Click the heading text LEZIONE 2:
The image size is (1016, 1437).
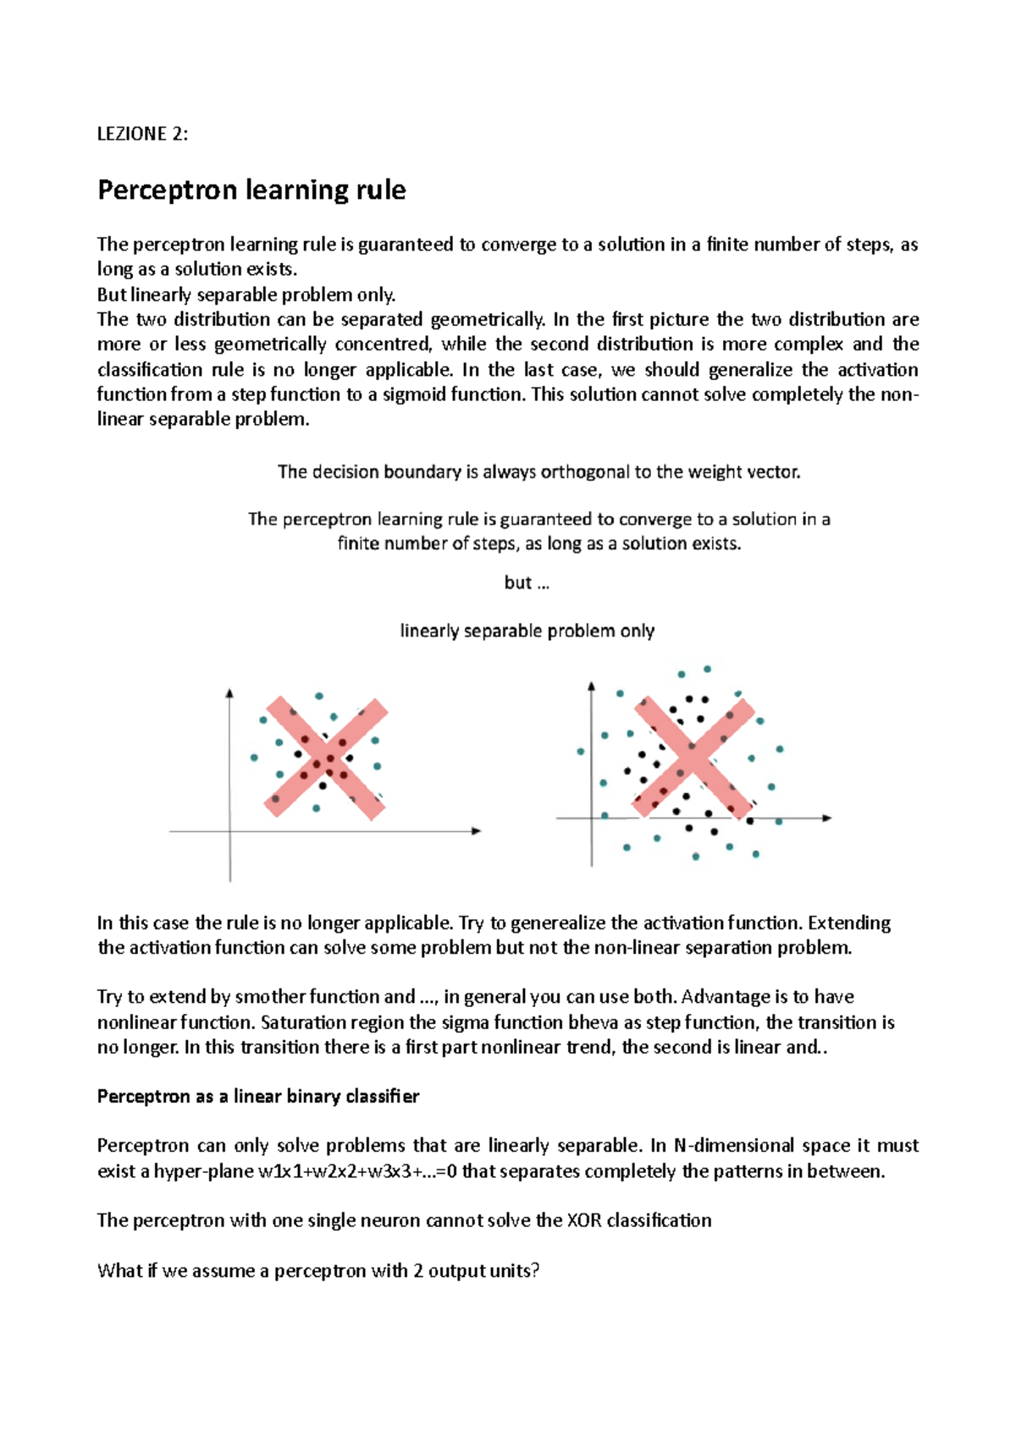click(142, 134)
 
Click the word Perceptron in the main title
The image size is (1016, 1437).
click(167, 190)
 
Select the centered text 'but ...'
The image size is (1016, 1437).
click(527, 583)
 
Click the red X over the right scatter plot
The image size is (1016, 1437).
click(693, 758)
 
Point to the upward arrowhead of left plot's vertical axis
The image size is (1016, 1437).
click(229, 693)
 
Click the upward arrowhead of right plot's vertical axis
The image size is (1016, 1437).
click(591, 686)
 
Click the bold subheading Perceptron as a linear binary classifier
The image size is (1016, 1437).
click(258, 1097)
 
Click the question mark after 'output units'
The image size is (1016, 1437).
click(535, 1271)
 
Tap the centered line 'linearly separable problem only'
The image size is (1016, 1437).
click(527, 631)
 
